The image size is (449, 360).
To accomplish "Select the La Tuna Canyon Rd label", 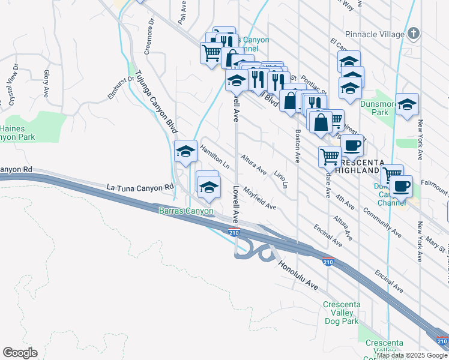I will (135, 188).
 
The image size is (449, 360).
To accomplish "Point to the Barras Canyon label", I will (186, 211).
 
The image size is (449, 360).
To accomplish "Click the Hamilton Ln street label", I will (215, 155).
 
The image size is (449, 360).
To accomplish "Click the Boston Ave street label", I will (297, 146).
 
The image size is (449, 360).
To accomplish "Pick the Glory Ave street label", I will (46, 83).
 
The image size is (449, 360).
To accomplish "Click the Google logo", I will (20, 353).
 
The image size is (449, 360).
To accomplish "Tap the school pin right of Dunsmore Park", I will (407, 106).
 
